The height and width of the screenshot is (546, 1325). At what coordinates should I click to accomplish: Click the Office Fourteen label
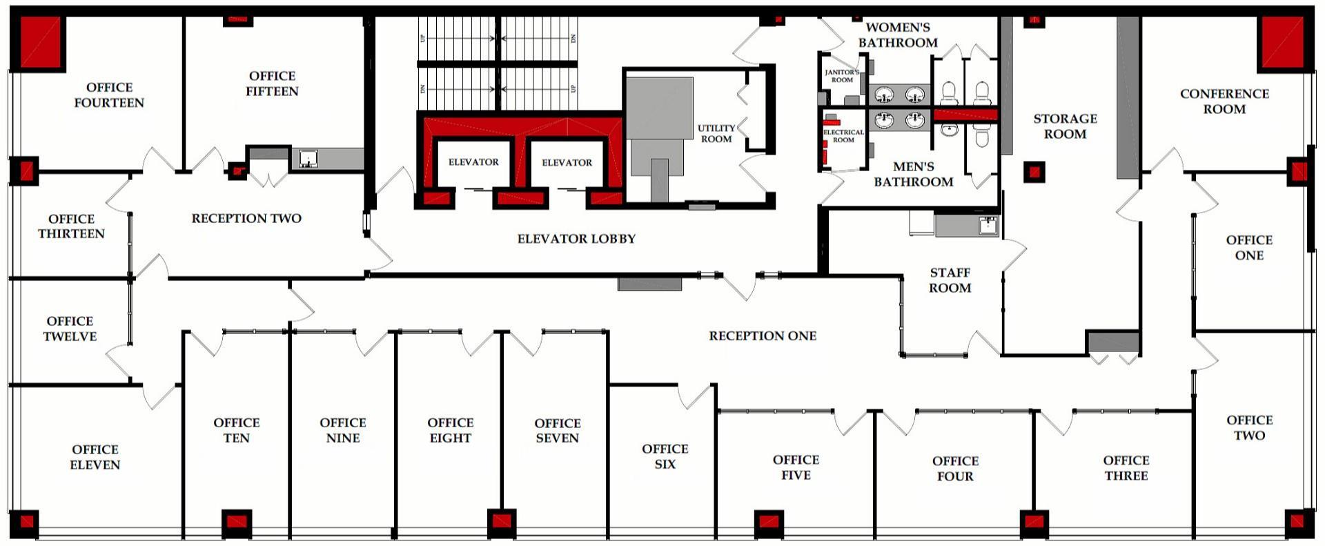click(x=109, y=95)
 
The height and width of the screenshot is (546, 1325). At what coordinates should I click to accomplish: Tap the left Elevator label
click(x=473, y=162)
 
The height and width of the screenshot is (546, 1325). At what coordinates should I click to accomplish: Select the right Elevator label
click(x=567, y=163)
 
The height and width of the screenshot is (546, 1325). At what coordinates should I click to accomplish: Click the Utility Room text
click(x=716, y=133)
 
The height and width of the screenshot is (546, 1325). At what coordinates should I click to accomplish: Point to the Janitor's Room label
click(x=842, y=76)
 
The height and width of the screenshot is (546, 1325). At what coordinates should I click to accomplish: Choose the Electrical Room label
click(x=843, y=135)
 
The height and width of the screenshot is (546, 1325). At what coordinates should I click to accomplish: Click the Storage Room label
click(x=1065, y=126)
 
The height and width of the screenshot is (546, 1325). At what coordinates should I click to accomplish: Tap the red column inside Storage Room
click(x=1034, y=172)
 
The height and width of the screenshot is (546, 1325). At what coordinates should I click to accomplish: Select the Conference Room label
click(x=1224, y=101)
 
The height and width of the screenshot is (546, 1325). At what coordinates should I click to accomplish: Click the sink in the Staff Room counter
click(x=988, y=224)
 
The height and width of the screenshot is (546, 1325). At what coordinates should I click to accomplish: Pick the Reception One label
click(x=763, y=336)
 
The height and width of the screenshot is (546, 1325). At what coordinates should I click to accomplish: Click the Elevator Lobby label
click(x=576, y=239)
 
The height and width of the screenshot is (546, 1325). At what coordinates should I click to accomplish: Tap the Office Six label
click(x=665, y=456)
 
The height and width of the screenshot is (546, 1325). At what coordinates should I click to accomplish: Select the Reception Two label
click(x=246, y=218)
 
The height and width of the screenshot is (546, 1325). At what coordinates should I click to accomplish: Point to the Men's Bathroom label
click(x=913, y=174)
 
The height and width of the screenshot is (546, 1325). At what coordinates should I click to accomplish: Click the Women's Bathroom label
click(x=898, y=35)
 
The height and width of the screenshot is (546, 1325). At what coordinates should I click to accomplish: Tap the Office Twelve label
click(x=70, y=329)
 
